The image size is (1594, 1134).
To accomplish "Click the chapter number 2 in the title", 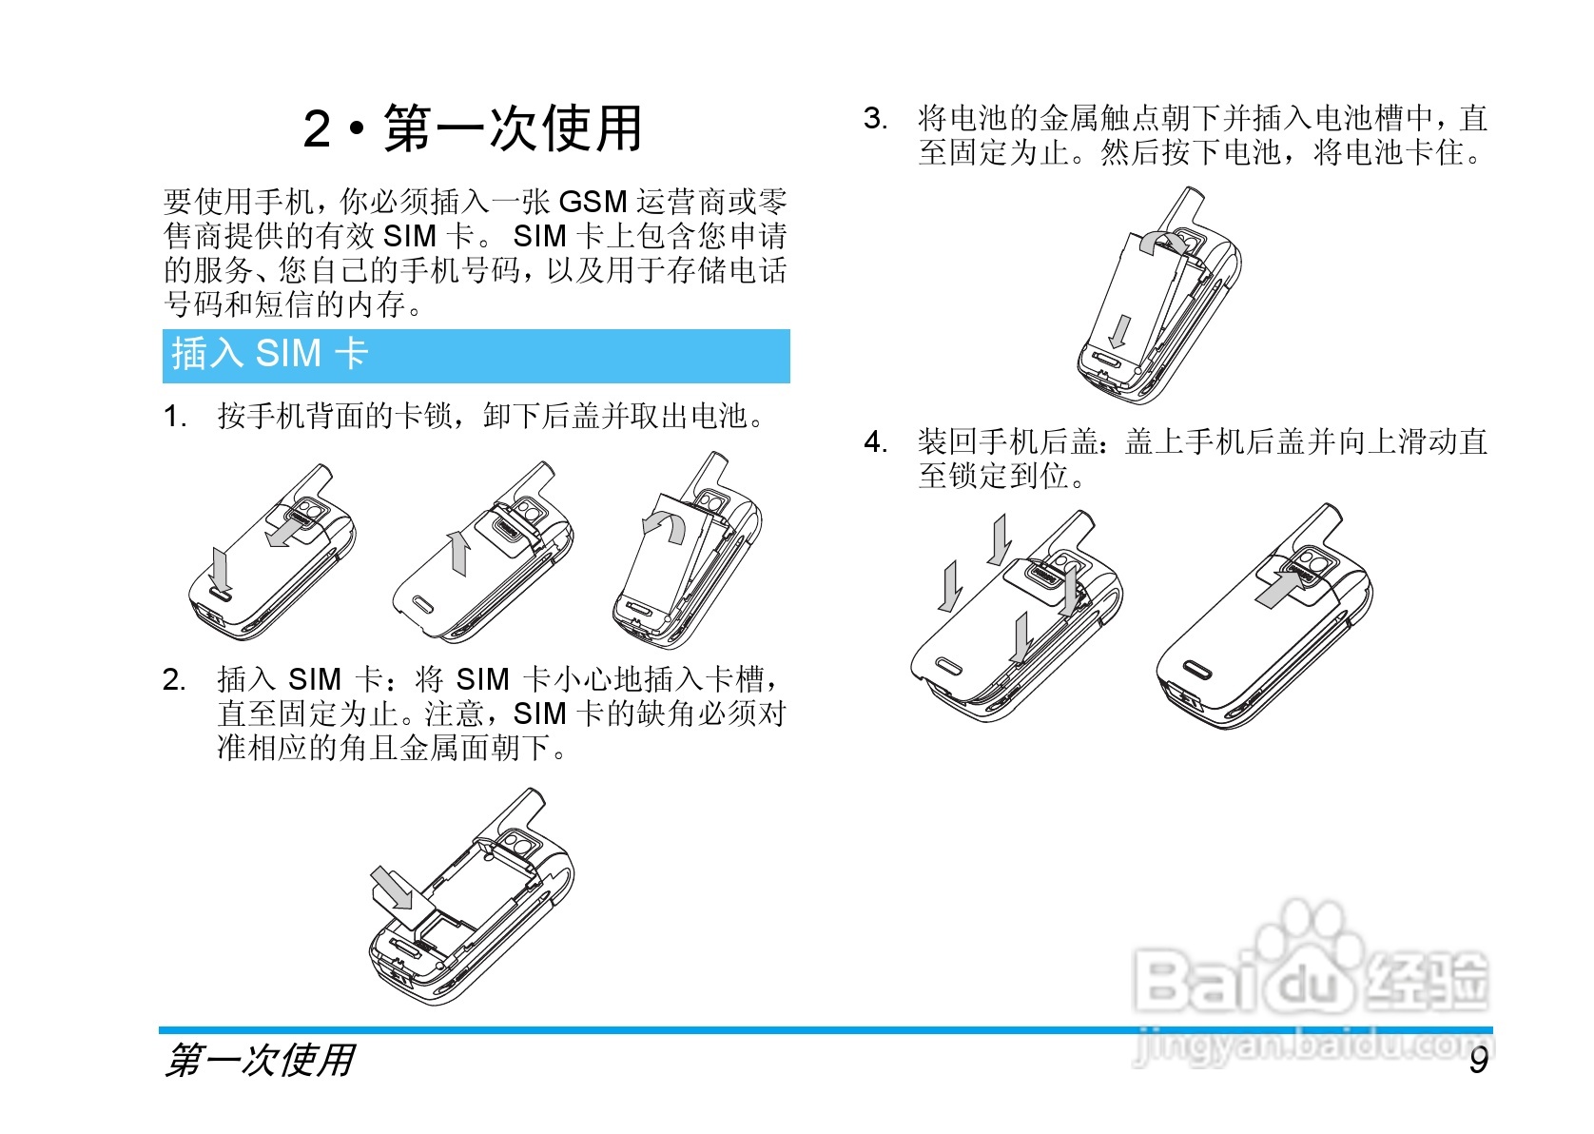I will tap(317, 129).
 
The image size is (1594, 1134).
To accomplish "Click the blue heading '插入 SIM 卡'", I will tap(269, 354).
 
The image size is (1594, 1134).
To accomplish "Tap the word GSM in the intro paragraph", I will tap(593, 202).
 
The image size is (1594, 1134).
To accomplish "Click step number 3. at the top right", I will tap(875, 119).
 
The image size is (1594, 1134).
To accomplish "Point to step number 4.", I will tap(875, 442).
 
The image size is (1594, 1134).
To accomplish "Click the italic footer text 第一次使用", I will tap(260, 1060).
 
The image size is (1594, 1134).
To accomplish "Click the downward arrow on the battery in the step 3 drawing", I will tap(1121, 331).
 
